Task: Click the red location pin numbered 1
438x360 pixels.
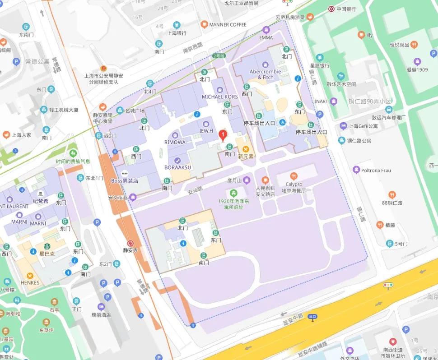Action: [x=222, y=135]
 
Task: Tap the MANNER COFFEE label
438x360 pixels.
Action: [x=228, y=24]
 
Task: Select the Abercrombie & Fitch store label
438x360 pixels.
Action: [x=266, y=74]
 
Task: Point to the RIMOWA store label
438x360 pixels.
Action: [x=175, y=142]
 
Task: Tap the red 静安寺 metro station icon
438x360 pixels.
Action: [x=130, y=242]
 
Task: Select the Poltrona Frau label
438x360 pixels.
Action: [x=376, y=170]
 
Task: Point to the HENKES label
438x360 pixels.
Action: [x=30, y=283]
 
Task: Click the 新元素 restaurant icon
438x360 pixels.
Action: [x=246, y=148]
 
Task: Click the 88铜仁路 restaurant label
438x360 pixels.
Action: [x=392, y=203]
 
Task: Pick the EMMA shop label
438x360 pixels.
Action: [x=266, y=37]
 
